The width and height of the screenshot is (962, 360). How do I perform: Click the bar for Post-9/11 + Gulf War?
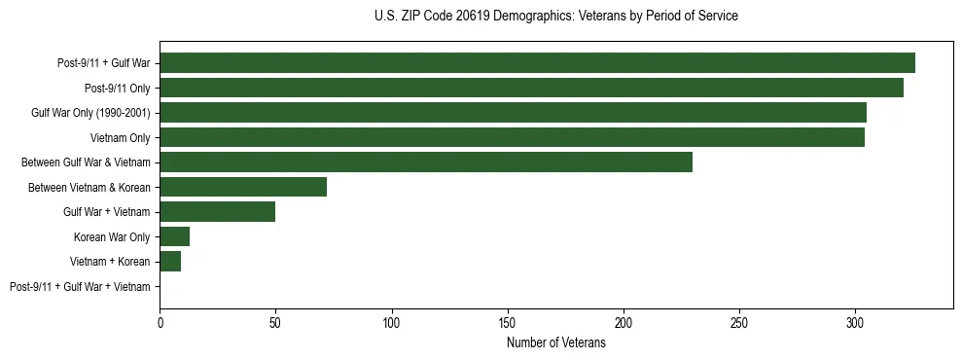537,63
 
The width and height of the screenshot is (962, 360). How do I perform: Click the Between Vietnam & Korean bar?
243,187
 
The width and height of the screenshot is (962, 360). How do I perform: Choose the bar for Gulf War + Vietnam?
218,212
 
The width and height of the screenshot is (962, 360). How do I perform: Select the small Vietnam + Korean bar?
170,262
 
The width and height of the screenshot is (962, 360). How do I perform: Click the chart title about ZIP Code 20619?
555,17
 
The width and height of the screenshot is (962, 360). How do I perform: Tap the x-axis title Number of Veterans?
555,343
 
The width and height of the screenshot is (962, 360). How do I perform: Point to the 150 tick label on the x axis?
508,322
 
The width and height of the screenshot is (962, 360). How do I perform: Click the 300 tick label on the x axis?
855,322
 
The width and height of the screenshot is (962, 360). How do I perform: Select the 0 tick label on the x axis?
160,322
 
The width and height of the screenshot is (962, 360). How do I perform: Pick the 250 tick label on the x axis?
739,322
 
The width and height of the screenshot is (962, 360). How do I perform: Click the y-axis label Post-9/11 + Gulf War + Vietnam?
80,287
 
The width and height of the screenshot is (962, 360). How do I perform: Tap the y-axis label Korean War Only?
112,237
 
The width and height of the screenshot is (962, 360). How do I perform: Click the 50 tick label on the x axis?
276,322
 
